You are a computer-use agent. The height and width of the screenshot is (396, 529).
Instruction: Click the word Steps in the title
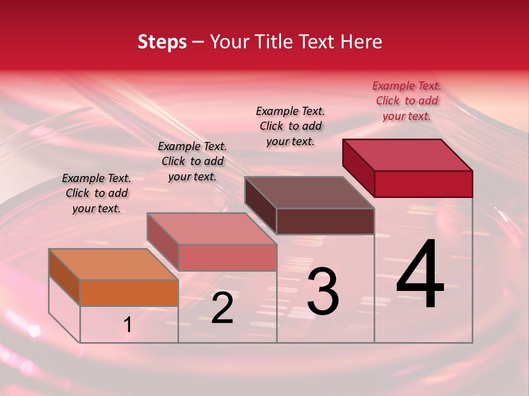[162, 42]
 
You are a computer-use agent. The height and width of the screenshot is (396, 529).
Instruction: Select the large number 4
[420, 275]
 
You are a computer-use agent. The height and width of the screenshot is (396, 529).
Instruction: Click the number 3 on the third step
[323, 291]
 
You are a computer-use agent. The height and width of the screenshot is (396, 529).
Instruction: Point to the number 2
[223, 308]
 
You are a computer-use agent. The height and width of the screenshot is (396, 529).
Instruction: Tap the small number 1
[128, 325]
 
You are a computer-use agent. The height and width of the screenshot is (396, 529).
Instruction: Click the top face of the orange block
[113, 265]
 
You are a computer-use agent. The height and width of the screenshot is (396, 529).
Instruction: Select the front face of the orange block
[129, 293]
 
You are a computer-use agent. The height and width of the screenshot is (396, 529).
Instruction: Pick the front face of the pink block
[227, 257]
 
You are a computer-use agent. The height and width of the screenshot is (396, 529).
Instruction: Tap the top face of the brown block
[309, 193]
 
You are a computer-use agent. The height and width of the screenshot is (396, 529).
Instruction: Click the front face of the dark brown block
[325, 221]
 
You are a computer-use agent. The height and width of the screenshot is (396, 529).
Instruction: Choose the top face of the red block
[407, 155]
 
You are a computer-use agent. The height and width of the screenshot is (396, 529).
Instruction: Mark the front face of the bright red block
[423, 184]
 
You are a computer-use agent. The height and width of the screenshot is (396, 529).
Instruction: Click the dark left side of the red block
[358, 167]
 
